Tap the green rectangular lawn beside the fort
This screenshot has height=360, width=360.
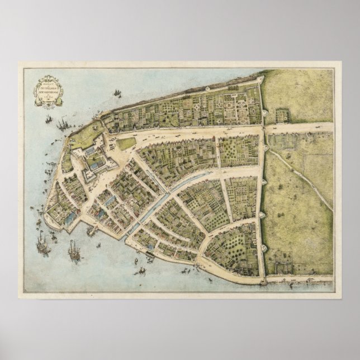coord(126,144)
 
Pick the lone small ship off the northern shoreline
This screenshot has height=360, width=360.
coord(117,92)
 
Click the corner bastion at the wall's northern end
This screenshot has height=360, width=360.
coord(260,79)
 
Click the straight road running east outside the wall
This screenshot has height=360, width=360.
coord(299,127)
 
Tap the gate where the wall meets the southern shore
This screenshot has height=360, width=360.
coord(263,280)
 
